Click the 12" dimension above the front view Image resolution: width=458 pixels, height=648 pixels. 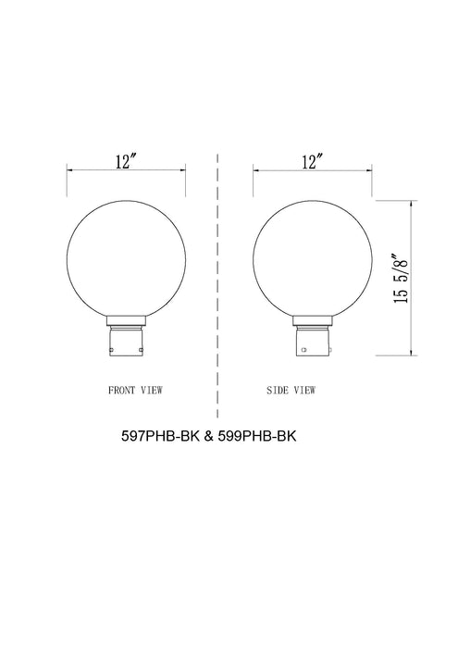(126, 161)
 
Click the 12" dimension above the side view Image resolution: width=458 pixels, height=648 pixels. (312, 161)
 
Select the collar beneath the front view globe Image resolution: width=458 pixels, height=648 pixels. (126, 325)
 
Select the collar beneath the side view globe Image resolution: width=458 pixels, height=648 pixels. (312, 325)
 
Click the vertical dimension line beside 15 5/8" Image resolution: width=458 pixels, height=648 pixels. (411, 278)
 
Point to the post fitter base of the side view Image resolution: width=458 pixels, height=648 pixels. (312, 345)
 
